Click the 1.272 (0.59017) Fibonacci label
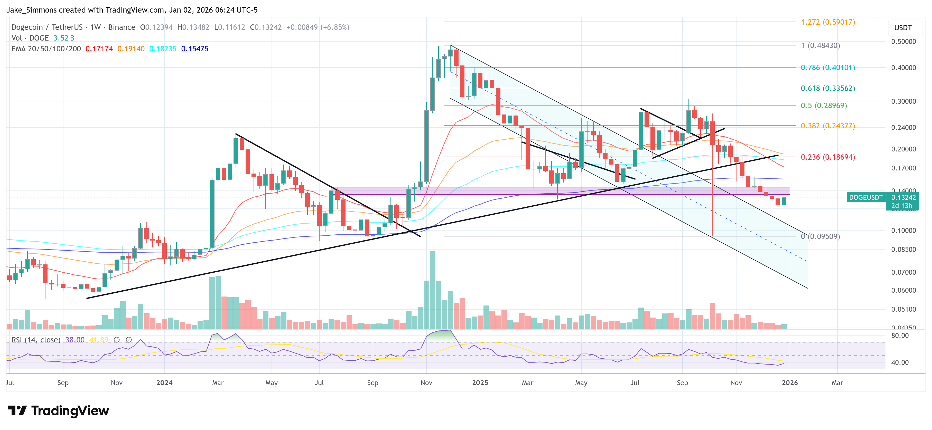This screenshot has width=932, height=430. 827,22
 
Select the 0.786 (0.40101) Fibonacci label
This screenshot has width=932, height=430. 827,68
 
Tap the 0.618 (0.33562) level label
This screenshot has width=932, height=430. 827,88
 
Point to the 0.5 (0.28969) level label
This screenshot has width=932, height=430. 823,106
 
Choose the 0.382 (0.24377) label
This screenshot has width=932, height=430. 827,126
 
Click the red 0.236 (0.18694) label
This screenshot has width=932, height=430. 827,157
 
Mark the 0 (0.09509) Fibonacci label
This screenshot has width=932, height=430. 820,236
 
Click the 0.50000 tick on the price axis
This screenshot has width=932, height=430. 903,42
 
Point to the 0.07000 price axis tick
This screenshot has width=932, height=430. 903,272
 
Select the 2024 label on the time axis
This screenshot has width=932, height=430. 164,383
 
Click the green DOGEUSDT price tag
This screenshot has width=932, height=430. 866,197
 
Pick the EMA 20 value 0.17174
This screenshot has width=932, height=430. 99,49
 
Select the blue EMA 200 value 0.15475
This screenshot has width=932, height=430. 195,49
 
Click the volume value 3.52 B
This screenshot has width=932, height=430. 64,38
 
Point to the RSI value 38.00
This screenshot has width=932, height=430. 75,340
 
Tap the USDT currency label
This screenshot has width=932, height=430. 903,28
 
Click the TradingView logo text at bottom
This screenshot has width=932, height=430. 70,411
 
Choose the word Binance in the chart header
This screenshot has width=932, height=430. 122,27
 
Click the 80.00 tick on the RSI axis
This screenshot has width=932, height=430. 900,336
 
